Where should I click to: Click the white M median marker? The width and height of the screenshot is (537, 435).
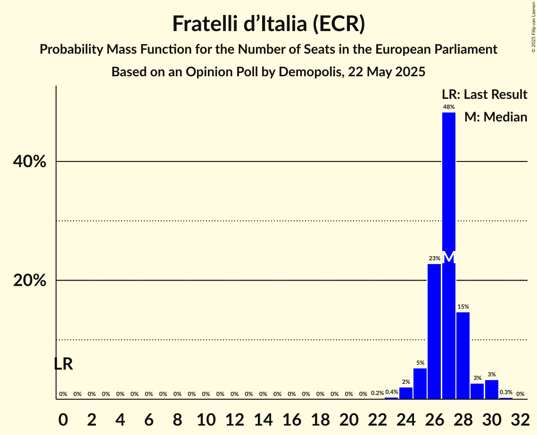pos(449,257)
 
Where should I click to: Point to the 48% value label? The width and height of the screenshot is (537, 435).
pos(449,107)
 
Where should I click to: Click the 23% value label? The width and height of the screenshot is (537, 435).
pos(434,258)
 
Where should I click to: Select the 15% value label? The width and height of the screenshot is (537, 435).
pos(463,307)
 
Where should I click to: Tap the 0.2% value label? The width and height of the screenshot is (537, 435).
pos(377,393)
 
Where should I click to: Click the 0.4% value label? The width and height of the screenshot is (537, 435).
pos(392,392)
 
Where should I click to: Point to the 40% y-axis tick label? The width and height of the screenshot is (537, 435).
pos(30,162)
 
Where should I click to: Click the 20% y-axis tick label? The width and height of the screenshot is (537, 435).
pos(30,281)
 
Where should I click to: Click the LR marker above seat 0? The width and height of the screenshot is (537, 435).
pos(63,364)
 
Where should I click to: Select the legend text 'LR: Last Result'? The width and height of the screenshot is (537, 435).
pos(484,95)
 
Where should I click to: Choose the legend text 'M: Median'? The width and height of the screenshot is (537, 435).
pos(496,117)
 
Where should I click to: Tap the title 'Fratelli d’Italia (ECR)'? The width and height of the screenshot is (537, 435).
pos(268,24)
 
